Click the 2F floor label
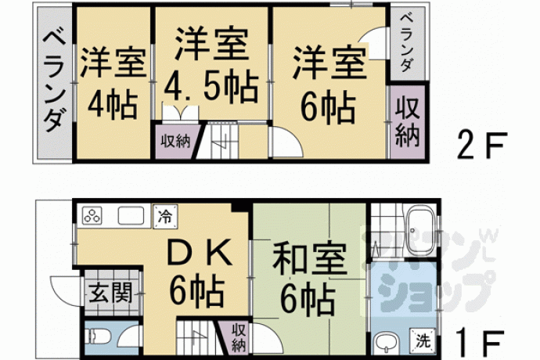(x=482, y=145)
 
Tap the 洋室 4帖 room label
(x=113, y=83)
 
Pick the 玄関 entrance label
(x=111, y=293)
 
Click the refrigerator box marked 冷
(x=165, y=216)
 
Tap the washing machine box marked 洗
(x=423, y=340)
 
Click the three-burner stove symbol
(x=92, y=216)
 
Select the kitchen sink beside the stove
(x=131, y=216)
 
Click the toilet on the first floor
(x=99, y=337)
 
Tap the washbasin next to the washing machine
(x=387, y=342)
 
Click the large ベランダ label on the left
(x=55, y=81)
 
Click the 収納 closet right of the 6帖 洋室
(x=407, y=121)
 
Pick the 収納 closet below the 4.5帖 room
(x=175, y=141)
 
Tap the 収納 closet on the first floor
(x=239, y=337)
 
